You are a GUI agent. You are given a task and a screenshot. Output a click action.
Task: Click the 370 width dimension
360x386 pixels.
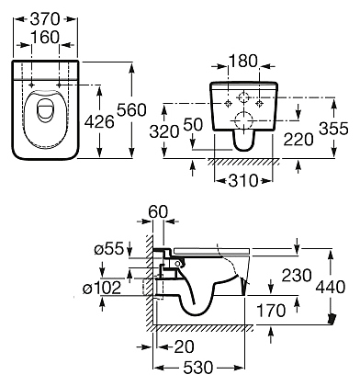click(45, 19)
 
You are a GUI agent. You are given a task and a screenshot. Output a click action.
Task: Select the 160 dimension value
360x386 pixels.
click(45, 38)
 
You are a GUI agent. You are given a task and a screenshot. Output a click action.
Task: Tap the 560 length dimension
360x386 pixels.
click(132, 110)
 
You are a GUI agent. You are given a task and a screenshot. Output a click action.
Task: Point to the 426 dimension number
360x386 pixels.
click(99, 122)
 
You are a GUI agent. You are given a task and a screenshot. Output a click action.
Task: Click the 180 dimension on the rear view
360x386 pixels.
click(243, 61)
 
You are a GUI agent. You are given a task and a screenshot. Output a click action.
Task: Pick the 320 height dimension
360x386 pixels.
click(164, 131)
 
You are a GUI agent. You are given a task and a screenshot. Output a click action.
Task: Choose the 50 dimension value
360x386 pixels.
click(193, 125)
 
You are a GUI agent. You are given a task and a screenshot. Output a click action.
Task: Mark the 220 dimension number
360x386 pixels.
click(298, 140)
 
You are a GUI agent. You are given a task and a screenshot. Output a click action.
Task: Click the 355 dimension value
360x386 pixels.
click(333, 129)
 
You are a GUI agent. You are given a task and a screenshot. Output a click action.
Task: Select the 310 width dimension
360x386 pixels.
click(243, 180)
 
